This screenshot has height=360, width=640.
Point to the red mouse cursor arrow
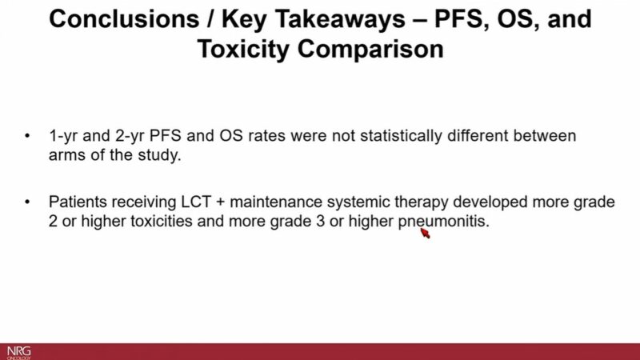click(x=424, y=234)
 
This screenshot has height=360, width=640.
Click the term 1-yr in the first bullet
click(x=62, y=137)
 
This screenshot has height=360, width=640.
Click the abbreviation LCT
click(x=171, y=202)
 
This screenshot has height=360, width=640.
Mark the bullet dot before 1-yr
click(x=29, y=137)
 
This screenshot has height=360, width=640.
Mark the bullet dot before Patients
click(x=29, y=202)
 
